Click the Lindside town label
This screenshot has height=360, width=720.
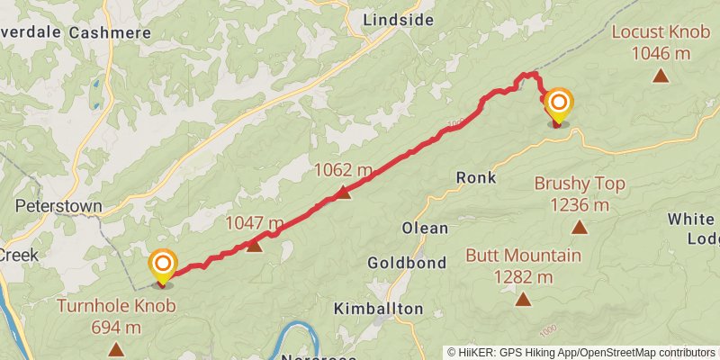(398, 19)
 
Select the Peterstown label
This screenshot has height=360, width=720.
(58, 206)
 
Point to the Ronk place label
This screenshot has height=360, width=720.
(476, 177)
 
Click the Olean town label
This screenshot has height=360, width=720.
(425, 228)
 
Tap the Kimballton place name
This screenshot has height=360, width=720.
(378, 309)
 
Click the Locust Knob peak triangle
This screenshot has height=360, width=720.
(661, 76)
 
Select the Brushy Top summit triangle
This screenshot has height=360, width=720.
(580, 228)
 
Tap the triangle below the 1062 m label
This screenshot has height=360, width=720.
(343, 192)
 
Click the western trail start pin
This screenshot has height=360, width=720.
(163, 265)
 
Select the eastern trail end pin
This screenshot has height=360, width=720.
(558, 103)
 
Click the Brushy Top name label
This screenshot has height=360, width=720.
(580, 184)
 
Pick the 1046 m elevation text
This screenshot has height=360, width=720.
(661, 54)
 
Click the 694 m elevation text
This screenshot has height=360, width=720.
(116, 328)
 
